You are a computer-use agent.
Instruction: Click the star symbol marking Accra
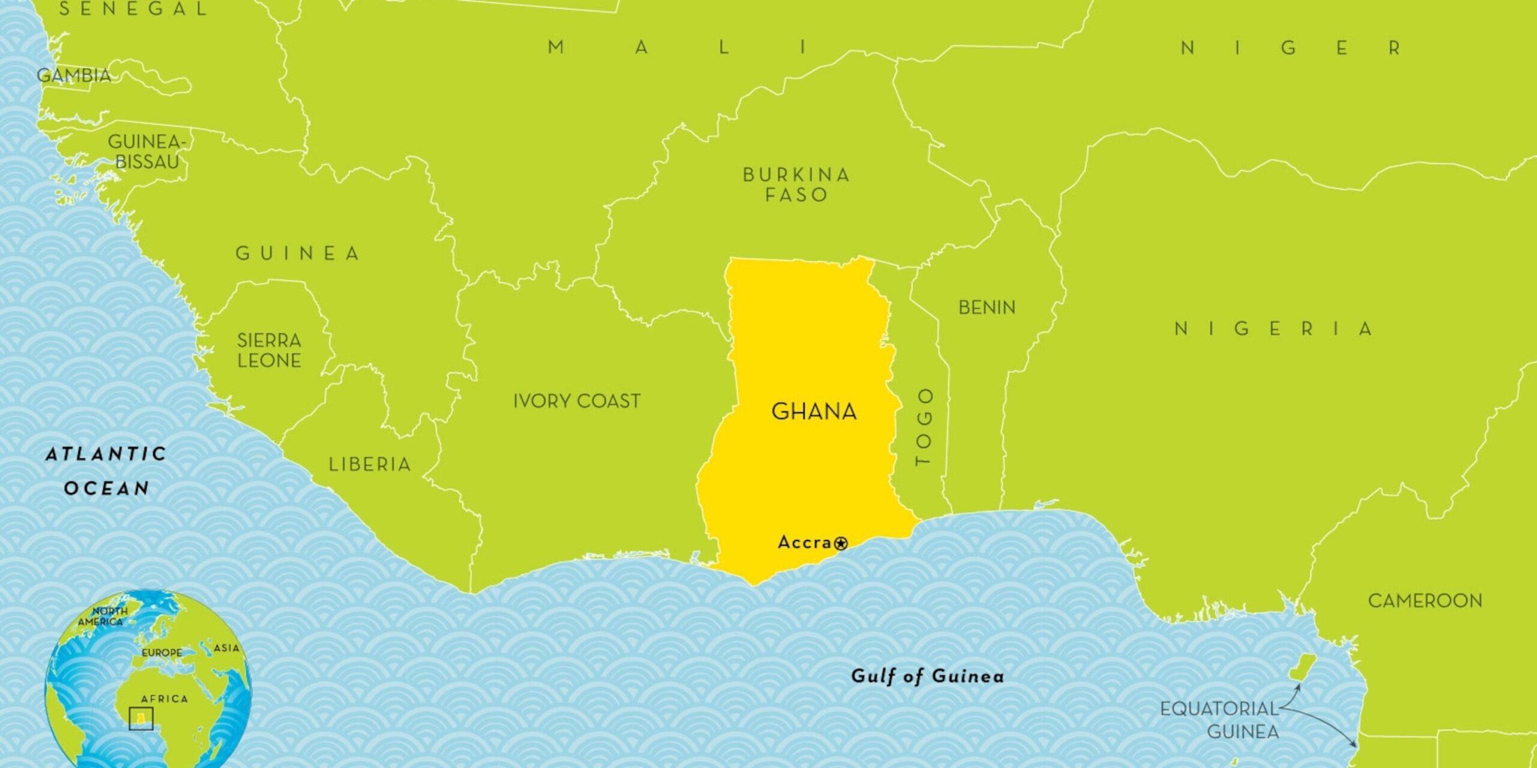(x=841, y=544)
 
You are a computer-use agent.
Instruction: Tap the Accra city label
(x=805, y=542)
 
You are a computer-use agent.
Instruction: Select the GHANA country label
(x=814, y=412)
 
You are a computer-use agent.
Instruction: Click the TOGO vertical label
(x=923, y=427)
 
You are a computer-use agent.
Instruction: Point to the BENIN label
(x=986, y=308)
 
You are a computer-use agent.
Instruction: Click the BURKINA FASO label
(x=796, y=184)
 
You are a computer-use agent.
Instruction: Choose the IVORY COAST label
(x=576, y=401)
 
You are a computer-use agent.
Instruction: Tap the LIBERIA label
(x=369, y=464)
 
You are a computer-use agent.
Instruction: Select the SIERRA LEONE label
(x=269, y=350)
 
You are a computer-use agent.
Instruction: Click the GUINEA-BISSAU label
(x=147, y=151)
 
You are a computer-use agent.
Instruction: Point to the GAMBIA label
(x=74, y=76)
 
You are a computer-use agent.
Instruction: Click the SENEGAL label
(x=133, y=9)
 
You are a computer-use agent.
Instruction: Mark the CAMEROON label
(x=1425, y=600)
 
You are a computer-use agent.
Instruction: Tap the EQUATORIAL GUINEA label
(x=1219, y=720)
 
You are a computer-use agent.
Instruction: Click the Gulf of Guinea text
(x=927, y=676)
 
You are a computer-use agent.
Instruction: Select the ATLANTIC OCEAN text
(x=106, y=471)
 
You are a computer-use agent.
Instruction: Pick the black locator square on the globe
(x=141, y=718)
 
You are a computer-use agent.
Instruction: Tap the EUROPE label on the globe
(x=162, y=652)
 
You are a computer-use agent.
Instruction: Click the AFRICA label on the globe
(x=164, y=699)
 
